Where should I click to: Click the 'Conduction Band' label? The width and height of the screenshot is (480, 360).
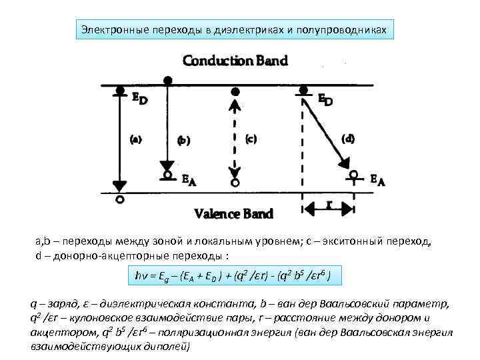tap(235, 61)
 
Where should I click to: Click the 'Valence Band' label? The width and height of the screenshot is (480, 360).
tap(233, 213)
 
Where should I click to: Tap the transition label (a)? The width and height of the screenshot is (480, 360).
tap(135, 140)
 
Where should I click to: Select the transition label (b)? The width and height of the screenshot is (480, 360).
tap(183, 141)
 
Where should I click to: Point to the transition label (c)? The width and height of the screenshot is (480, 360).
tap(251, 139)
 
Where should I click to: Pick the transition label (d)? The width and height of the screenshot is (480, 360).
tap(347, 139)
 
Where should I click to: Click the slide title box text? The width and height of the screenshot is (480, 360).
tap(233, 29)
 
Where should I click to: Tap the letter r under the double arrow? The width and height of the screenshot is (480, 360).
tap(329, 205)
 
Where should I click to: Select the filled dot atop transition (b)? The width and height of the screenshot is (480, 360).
tap(168, 80)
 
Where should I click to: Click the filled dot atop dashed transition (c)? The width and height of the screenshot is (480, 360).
tap(234, 91)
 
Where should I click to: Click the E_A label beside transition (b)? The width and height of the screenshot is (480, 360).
tap(190, 179)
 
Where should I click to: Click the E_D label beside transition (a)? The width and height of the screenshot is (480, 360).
tap(139, 99)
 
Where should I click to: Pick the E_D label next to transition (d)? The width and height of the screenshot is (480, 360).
tap(325, 99)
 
